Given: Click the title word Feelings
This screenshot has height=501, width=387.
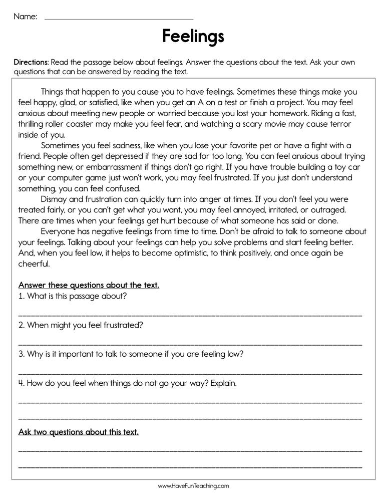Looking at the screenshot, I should click(193, 37).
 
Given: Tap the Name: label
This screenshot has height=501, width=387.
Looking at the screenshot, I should click(25, 17).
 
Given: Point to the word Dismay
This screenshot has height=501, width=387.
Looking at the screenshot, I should click(56, 199).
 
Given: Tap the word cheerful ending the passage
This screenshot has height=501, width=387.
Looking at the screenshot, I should click(34, 264).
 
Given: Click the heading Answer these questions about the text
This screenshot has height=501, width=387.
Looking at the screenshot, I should click(89, 285).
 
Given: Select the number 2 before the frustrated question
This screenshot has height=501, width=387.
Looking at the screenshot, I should click(21, 325).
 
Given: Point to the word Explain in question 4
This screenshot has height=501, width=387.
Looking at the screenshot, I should click(223, 383).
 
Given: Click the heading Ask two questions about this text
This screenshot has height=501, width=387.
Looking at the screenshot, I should click(79, 431).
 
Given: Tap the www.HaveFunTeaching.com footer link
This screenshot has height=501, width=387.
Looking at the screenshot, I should click(193, 486).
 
